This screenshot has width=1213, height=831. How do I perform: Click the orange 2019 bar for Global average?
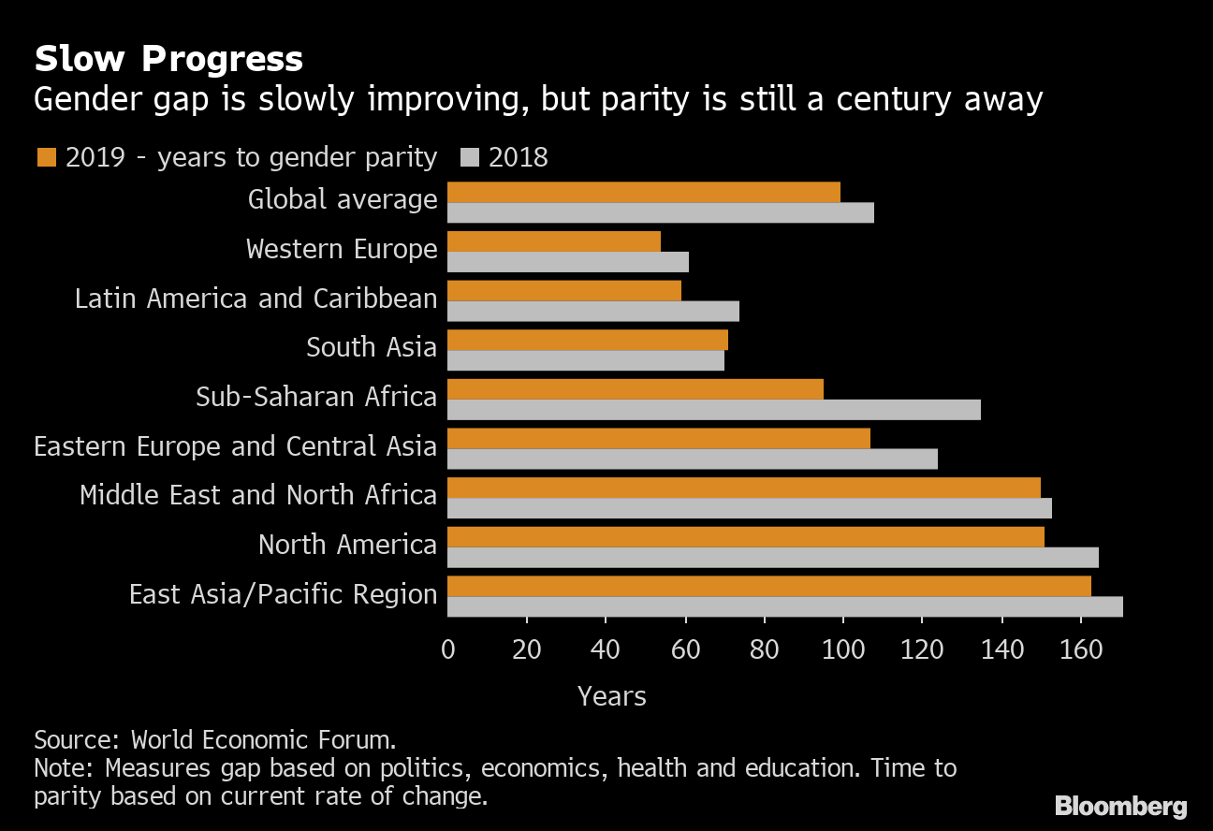coord(644,192)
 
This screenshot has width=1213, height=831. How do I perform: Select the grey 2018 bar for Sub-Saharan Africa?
coord(713,410)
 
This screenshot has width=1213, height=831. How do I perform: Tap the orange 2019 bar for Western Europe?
coord(554,241)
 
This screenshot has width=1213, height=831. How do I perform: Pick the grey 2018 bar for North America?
coord(772,558)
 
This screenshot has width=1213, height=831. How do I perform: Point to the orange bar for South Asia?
coord(587,340)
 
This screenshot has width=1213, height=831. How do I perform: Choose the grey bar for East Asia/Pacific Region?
coord(784,607)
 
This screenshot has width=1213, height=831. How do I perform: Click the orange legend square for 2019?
coord(46,157)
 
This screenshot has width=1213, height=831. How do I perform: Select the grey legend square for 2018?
coord(470,157)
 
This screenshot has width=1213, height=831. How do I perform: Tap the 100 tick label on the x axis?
coord(843,649)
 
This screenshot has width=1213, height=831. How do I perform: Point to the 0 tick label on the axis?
coord(448,649)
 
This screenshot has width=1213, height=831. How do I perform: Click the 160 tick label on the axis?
coord(1081,649)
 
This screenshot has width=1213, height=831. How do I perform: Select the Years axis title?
coord(612,696)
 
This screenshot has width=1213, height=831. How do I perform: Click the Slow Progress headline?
coord(168,59)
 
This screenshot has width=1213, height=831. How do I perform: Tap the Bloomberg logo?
coord(1120,806)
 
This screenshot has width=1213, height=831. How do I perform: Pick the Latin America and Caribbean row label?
coord(256,299)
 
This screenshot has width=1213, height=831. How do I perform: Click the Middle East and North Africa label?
coord(258,495)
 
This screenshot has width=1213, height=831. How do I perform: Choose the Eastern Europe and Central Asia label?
coord(235,446)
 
